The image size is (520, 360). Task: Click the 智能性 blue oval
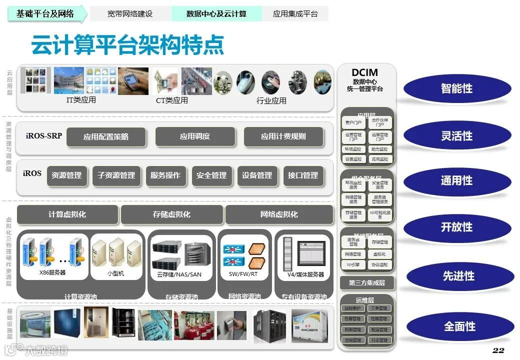pyautogui.click(x=457, y=88)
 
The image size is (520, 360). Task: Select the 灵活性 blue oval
pyautogui.click(x=457, y=135)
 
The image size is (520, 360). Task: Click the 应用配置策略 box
pyautogui.click(x=106, y=136)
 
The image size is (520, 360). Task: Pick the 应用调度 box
pyautogui.click(x=195, y=136)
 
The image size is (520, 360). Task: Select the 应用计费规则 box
pyautogui.click(x=283, y=136)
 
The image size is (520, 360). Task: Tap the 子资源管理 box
pyautogui.click(x=116, y=175)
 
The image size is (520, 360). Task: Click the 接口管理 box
pyautogui.click(x=303, y=175)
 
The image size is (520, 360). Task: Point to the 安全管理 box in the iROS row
pyautogui.click(x=211, y=175)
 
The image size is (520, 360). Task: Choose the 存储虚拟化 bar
pyautogui.click(x=171, y=214)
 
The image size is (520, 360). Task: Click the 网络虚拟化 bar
pyautogui.click(x=279, y=214)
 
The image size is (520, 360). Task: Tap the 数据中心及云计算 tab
pyautogui.click(x=216, y=14)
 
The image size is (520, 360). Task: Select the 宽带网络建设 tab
pyautogui.click(x=130, y=14)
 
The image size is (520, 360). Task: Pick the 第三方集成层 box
pyautogui.click(x=367, y=283)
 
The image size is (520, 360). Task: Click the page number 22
pyautogui.click(x=498, y=350)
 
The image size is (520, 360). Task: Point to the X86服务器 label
pyautogui.click(x=52, y=273)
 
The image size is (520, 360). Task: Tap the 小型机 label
pyautogui.click(x=115, y=273)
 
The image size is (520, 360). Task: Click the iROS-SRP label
pyautogui.click(x=44, y=135)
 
